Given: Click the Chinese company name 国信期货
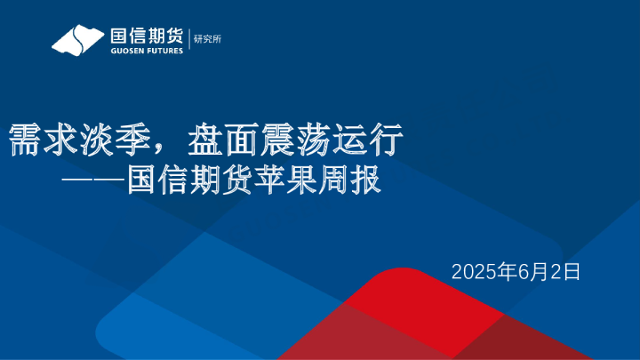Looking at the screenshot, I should (146, 36).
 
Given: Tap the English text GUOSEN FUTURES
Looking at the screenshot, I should (146, 51).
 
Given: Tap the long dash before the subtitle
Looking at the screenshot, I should (92, 180).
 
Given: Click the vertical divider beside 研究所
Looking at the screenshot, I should (189, 39).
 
